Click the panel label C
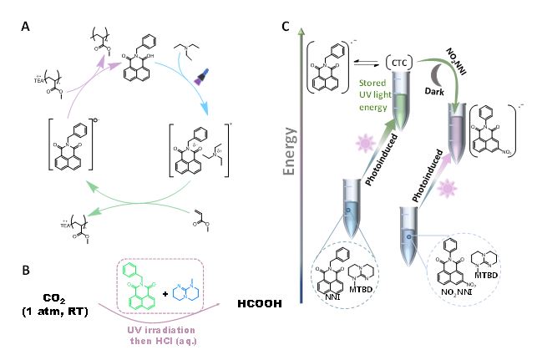(286, 25)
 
